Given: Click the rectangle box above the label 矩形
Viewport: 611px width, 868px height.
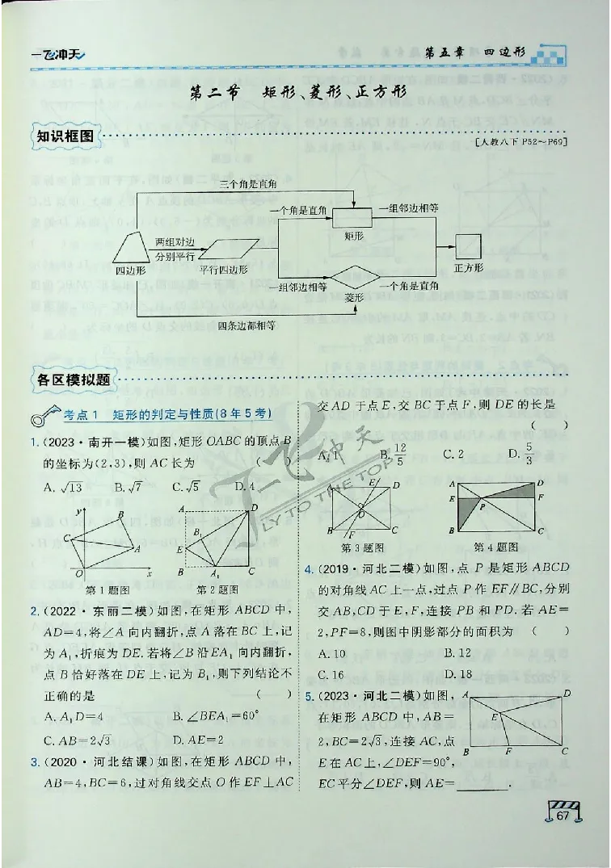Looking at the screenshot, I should click(352, 218).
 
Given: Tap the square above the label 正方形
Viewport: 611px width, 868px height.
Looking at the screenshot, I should click(469, 245).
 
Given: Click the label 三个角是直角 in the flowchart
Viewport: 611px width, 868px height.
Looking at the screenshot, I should click(248, 185).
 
